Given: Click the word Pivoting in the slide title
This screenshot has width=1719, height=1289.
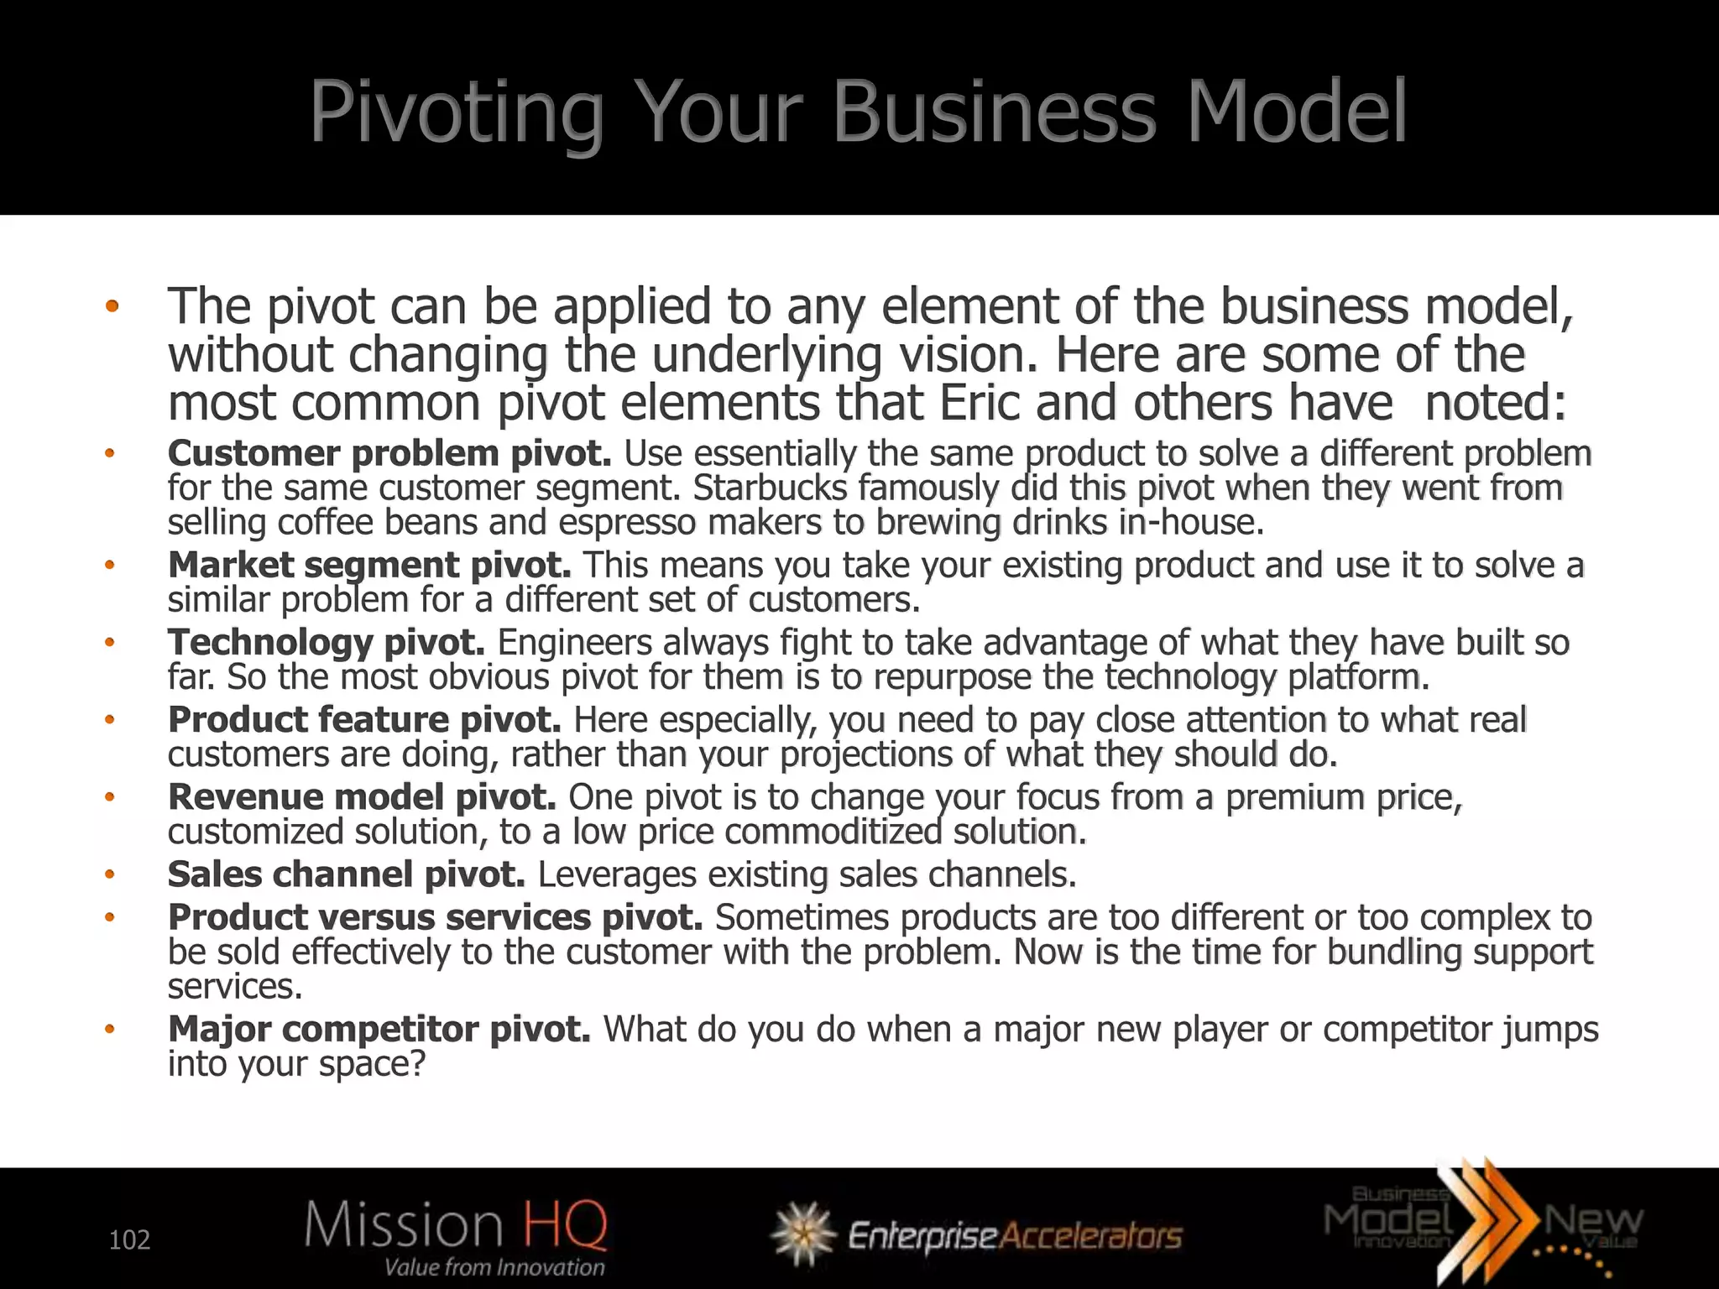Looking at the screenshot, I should (456, 112).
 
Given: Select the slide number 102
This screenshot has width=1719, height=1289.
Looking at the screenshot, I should (129, 1239).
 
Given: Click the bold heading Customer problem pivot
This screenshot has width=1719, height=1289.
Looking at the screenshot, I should (389, 453).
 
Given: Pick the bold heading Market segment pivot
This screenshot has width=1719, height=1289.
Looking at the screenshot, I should (369, 565).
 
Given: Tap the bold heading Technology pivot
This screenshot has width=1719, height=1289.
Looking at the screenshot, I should (327, 642).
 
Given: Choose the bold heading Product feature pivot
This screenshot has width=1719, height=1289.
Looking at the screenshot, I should (364, 719).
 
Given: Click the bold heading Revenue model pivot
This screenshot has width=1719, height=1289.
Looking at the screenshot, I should (362, 796).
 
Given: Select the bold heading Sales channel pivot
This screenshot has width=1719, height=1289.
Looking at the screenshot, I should (346, 874).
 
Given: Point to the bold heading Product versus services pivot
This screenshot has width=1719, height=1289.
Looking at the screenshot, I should (435, 917).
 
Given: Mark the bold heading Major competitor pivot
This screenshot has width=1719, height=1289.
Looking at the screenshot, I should (379, 1029).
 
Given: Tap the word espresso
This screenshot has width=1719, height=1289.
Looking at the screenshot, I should (627, 522).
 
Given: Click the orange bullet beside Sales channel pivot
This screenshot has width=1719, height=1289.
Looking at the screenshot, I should (109, 874).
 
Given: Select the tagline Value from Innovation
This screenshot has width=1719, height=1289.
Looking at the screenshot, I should (494, 1266).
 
